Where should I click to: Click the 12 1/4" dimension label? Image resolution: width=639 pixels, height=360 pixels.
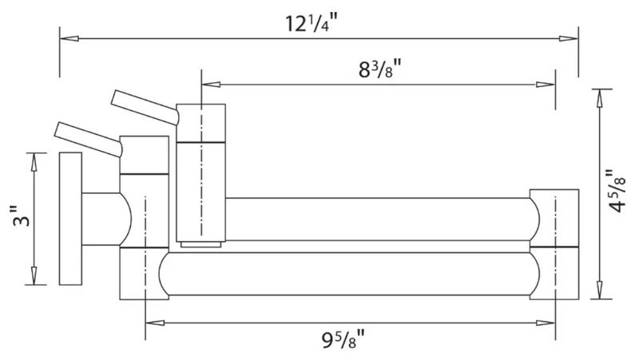coord(312,24)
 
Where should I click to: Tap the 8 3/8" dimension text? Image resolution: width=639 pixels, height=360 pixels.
coord(380,69)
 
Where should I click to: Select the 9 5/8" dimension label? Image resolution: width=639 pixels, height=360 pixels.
coord(343,338)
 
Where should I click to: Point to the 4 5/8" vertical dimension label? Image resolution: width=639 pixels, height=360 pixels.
coord(616,191)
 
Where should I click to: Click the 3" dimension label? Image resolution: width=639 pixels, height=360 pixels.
coord(23,216)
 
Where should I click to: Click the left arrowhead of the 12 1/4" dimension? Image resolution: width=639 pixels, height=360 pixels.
coord(69,38)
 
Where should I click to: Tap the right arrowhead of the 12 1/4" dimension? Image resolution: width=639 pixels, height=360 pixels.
coord(569,38)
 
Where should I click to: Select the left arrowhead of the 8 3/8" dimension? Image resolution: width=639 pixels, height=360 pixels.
coord(211,85)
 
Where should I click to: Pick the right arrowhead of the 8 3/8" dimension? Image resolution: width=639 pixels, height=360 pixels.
coord(546,85)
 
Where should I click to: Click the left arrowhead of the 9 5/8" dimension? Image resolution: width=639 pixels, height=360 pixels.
coord(155,323)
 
